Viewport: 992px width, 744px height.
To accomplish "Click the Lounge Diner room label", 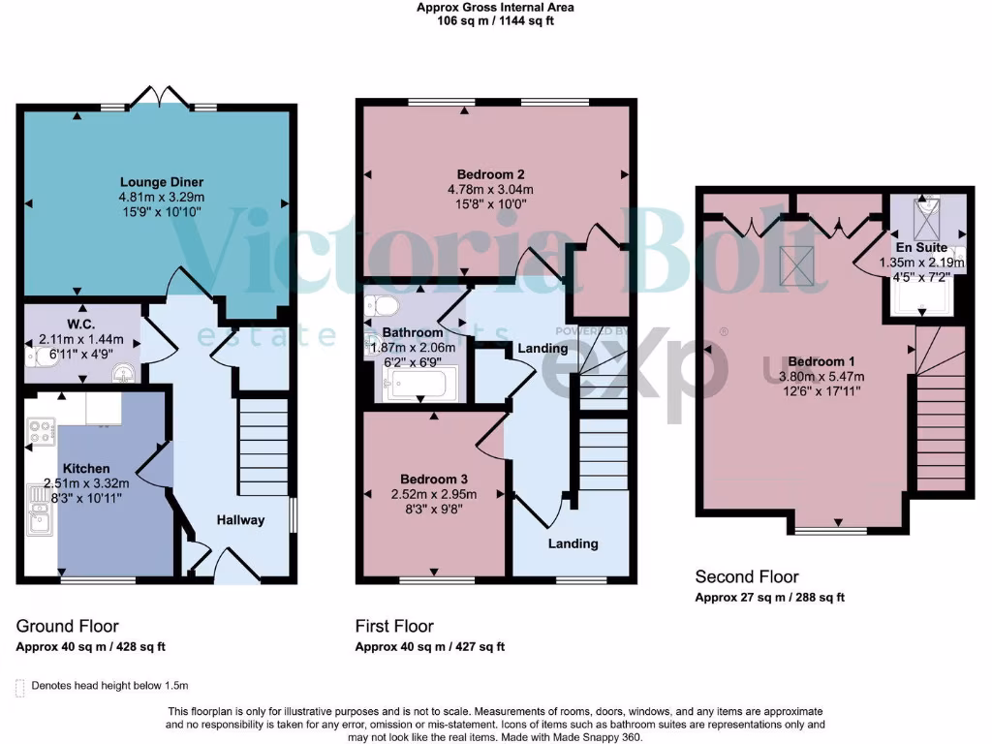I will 161,181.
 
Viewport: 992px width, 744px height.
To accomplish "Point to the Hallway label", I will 239,520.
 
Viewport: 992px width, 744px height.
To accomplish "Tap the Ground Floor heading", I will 68,626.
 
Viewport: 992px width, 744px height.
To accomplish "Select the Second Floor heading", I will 747,577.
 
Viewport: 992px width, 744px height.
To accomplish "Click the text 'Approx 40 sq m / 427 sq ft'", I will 429,647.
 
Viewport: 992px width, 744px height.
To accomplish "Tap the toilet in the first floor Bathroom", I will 382,307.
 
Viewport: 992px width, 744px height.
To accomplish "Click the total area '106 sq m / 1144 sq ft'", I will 495,20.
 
